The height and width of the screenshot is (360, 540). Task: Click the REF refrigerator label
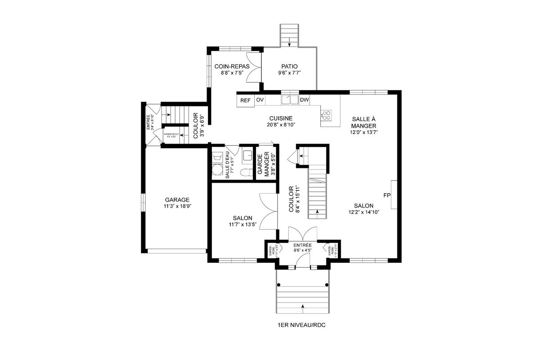tap(245, 100)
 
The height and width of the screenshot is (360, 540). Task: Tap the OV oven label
tap(260, 100)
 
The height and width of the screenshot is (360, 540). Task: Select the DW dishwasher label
tap(304, 100)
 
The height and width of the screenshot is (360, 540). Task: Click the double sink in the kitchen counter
tap(290, 100)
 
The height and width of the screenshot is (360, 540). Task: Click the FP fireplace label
tap(387, 195)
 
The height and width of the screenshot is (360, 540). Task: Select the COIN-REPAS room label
tap(232, 66)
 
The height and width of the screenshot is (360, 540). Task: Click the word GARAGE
tap(177, 200)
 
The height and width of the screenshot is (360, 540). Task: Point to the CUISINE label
tap(282, 118)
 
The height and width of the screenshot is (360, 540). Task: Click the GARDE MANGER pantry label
tap(263, 164)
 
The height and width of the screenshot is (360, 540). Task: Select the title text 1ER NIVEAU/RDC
tap(301, 324)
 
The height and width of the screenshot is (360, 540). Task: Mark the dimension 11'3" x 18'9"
tap(177, 207)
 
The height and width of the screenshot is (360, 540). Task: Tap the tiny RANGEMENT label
tap(171, 134)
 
